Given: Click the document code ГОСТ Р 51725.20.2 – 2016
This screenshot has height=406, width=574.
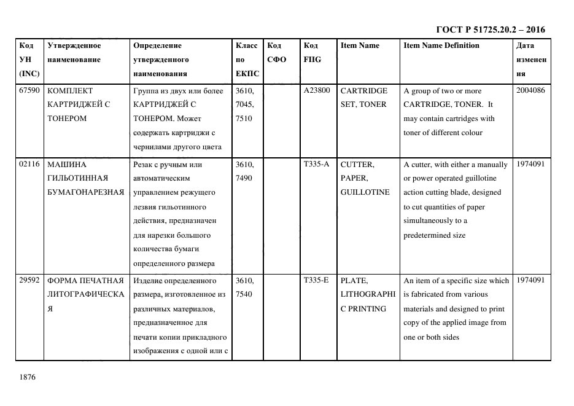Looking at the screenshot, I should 490,29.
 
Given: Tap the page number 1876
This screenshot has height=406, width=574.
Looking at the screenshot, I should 28,377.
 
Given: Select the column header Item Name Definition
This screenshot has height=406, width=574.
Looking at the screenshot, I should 441,45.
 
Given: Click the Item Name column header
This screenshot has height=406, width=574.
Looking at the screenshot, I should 360,45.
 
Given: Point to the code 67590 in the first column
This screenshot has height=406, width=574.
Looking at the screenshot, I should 29,90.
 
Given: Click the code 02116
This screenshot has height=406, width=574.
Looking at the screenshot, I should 29,164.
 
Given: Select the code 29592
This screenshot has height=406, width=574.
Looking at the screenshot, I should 29,280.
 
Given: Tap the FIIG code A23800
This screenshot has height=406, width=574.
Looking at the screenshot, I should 317,90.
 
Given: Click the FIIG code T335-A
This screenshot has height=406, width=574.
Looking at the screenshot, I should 316,164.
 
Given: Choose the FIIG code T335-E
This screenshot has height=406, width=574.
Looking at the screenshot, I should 316,280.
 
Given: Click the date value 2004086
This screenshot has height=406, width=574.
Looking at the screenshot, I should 530,90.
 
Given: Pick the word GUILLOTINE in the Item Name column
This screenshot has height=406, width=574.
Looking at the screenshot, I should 365,192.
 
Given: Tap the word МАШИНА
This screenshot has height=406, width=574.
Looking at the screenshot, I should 67,164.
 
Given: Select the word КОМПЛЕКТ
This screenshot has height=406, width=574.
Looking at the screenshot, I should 69,90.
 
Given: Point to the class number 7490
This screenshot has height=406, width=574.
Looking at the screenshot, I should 244,178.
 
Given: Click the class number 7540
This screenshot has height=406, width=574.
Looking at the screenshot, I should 244,294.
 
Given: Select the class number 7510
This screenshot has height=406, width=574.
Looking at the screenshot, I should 244,119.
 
